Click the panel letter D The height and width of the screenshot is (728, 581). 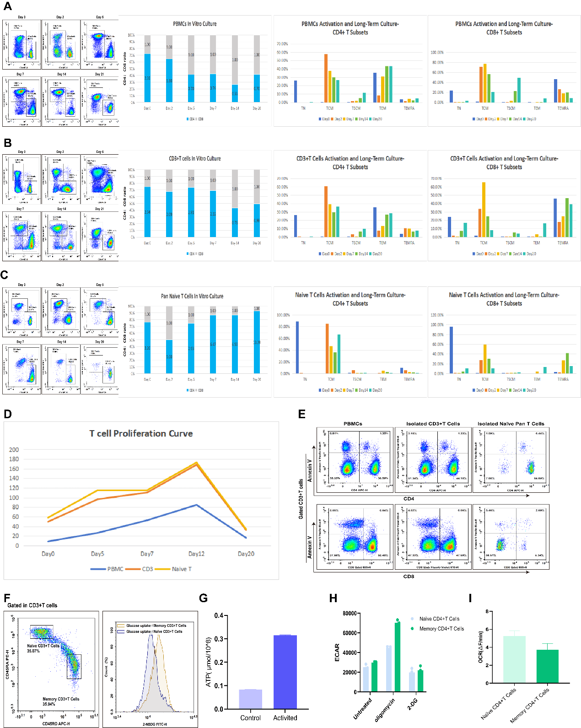coord(7,414)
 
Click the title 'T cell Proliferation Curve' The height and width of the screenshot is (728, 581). coord(141,433)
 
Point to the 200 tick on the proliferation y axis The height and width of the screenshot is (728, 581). coord(14,450)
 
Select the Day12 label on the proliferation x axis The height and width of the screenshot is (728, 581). coord(196,554)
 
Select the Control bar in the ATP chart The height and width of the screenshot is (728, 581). coord(250,699)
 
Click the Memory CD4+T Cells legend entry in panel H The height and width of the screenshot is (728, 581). coord(441,629)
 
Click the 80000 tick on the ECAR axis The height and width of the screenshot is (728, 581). coord(350,613)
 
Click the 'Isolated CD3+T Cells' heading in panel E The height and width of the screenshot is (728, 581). coord(433,424)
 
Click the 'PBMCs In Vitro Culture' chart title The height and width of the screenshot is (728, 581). coord(194,24)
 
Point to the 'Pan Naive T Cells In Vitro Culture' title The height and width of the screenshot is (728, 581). coord(192,296)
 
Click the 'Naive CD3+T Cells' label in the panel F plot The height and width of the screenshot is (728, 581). coord(43,646)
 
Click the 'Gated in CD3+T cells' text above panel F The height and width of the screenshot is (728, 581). coord(32,605)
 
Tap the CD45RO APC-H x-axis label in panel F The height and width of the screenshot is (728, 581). coord(56,723)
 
